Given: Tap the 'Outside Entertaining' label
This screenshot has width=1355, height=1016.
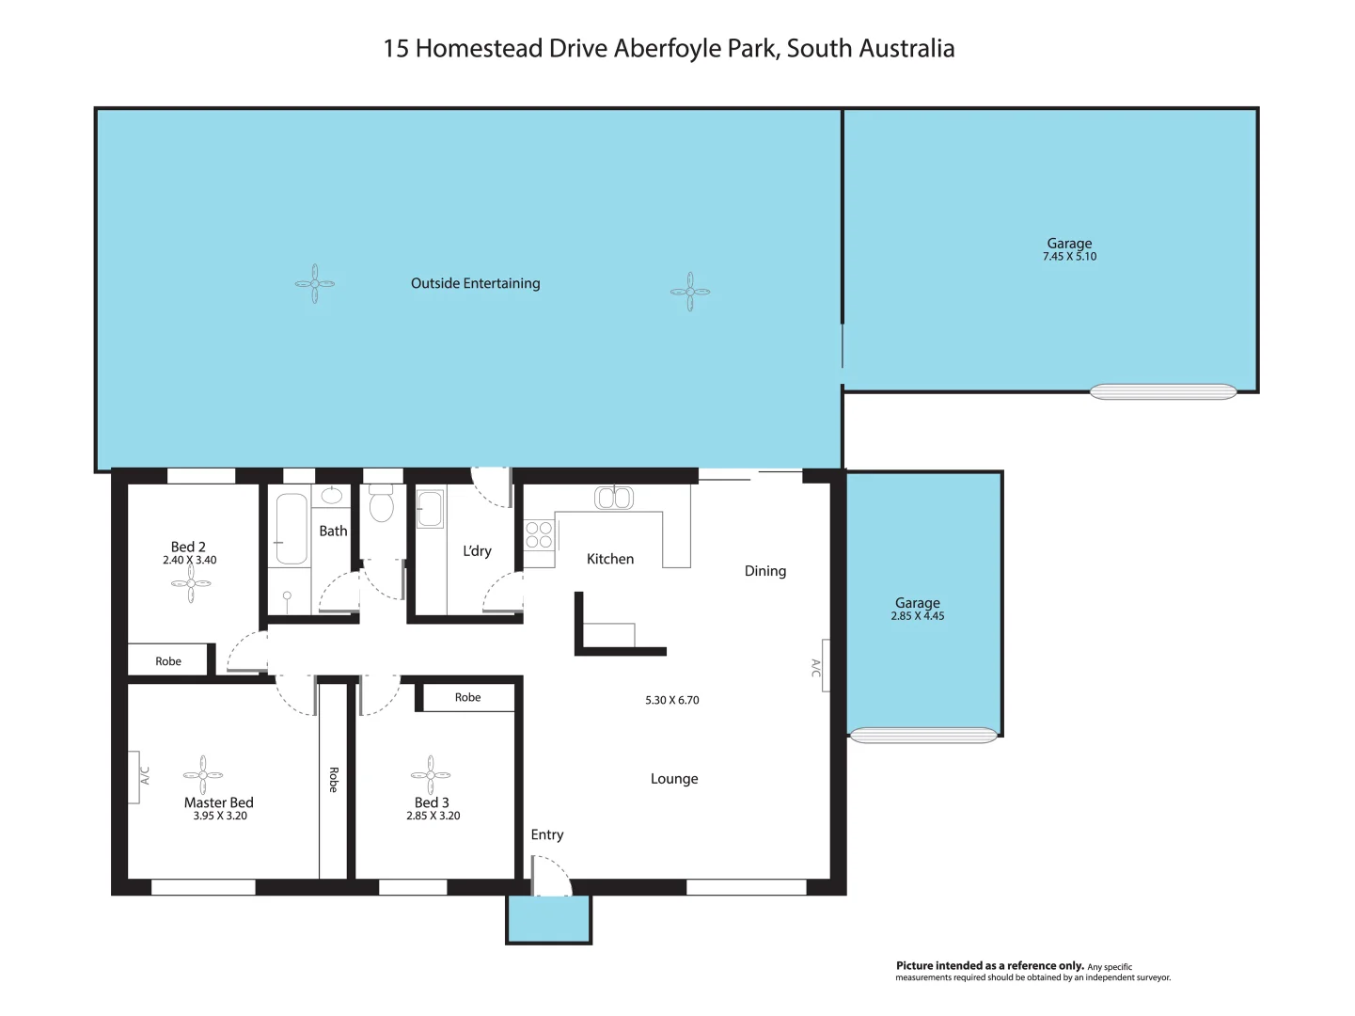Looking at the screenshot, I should point(475,283).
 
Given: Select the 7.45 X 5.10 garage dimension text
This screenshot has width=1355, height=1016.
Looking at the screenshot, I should point(1069,257).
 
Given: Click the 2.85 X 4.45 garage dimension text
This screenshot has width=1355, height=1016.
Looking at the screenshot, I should point(918,616).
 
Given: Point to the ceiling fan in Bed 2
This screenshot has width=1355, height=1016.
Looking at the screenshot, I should point(191,584).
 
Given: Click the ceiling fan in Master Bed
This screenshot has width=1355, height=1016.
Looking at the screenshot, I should point(203,775).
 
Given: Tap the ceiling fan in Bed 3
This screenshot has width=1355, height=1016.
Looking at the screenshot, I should point(431,775).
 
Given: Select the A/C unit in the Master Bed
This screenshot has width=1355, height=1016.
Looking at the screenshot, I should point(134,777).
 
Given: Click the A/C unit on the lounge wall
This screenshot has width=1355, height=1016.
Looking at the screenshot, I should point(824,666).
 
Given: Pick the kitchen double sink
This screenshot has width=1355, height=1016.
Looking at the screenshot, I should point(614,498).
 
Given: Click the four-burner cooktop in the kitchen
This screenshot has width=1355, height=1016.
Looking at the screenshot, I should point(539,535).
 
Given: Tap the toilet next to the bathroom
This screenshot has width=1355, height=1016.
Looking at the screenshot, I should point(381,505).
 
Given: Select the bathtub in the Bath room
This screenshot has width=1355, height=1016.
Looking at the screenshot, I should point(291,529).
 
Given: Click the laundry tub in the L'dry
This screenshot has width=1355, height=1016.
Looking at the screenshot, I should point(429,509).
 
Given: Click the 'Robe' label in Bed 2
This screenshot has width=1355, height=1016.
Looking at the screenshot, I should point(168,661).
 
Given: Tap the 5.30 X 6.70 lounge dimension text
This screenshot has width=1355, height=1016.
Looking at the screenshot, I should point(671,700).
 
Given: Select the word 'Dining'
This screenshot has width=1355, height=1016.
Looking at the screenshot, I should point(764,571).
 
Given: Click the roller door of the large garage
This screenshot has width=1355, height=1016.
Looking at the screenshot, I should point(1163,392).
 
